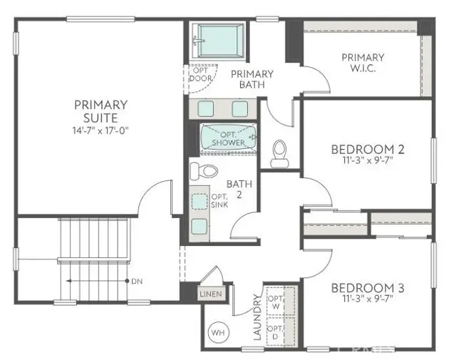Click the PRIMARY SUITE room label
[x=100, y=111]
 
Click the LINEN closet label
[x=211, y=294]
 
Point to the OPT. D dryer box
[x=275, y=332]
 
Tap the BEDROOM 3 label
[x=368, y=288]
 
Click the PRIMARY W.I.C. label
[x=363, y=63]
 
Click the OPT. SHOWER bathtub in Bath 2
[x=227, y=139]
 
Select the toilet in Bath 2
[x=205, y=171]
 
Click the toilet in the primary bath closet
[x=280, y=151]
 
